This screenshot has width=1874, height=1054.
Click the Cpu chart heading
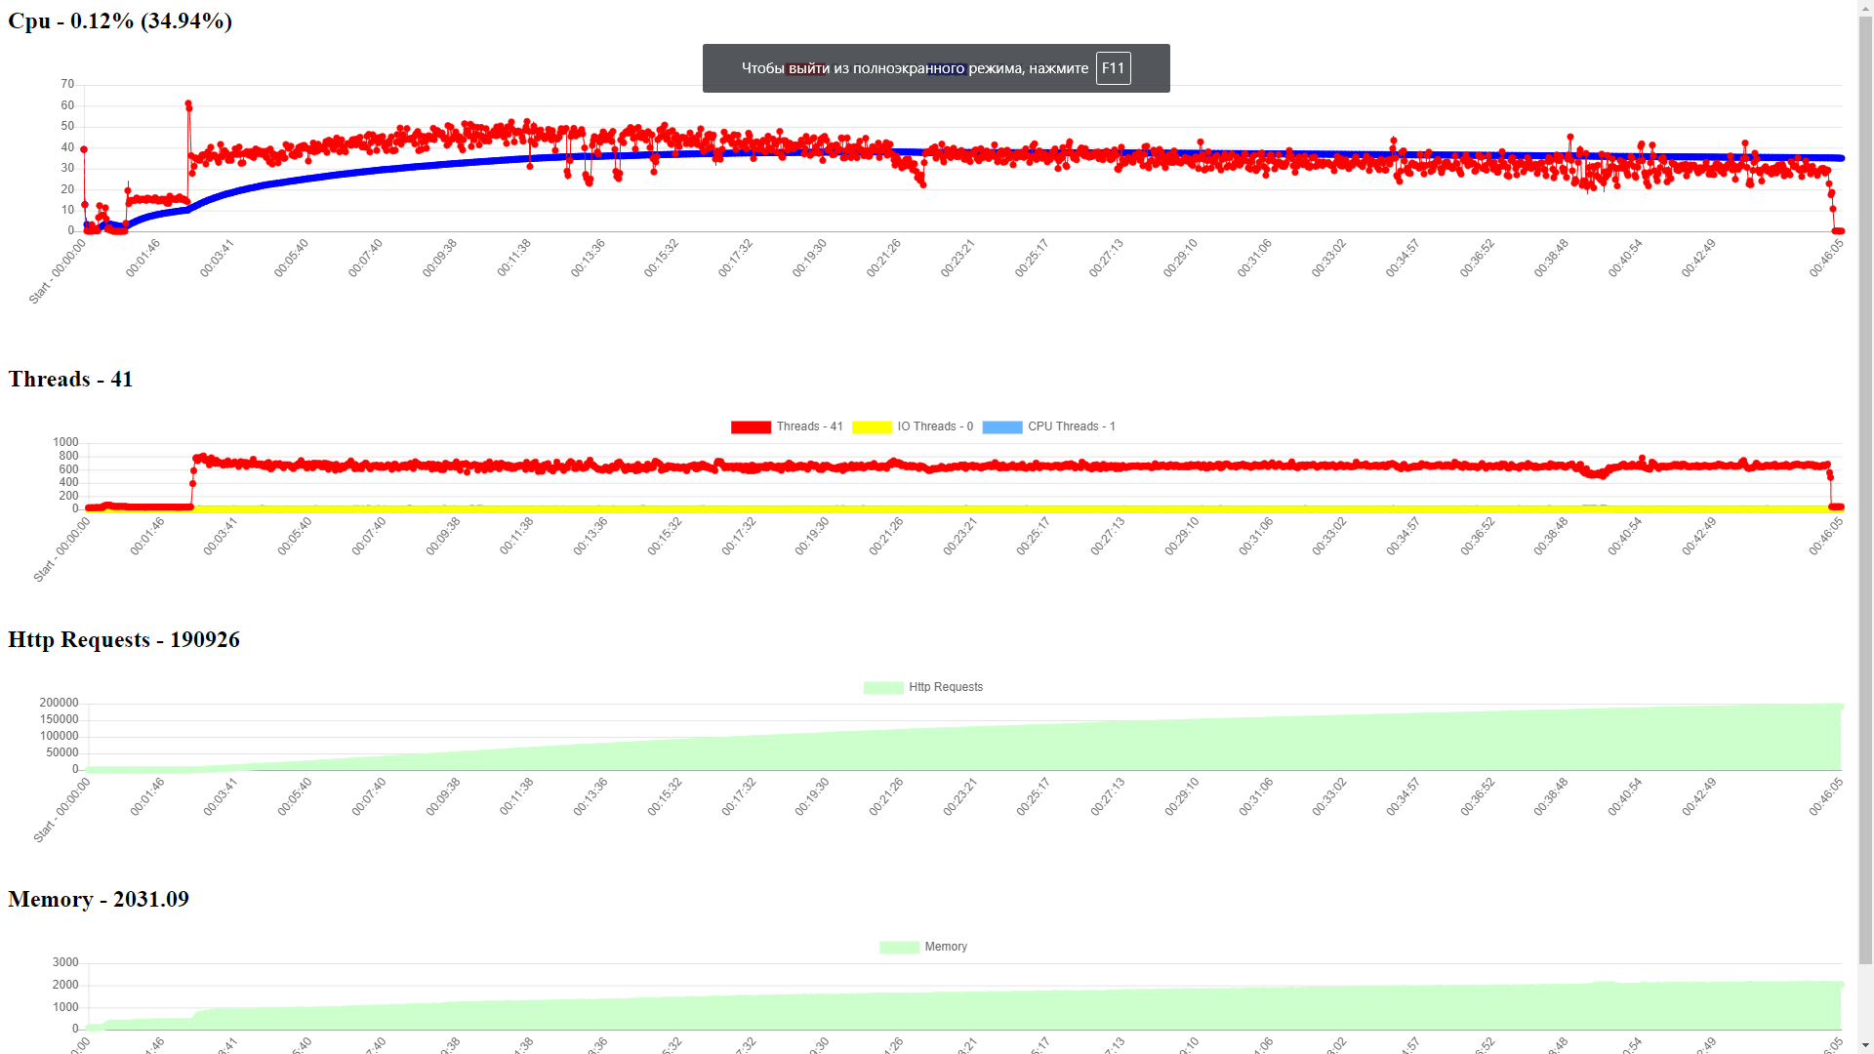pos(120,21)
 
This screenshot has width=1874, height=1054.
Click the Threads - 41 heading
pos(70,380)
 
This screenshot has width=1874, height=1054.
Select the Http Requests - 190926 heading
pos(124,640)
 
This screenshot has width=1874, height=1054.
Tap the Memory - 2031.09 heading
pos(99,900)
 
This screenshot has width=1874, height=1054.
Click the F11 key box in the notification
pos(1113,68)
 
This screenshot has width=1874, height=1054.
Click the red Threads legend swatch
pos(751,427)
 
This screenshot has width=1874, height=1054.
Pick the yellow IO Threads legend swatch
pos(872,427)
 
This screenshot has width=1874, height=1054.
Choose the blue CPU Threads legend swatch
pos(1001,427)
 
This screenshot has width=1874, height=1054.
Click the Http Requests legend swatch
pos(883,688)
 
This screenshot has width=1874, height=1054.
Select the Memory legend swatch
pos(899,948)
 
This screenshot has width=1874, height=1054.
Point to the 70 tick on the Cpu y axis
pos(67,85)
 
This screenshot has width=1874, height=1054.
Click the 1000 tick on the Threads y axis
pos(65,442)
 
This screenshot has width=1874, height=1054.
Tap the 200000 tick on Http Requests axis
pos(59,703)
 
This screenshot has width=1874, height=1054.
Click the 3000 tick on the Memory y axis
pos(65,962)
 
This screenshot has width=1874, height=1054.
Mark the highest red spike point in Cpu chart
pos(188,103)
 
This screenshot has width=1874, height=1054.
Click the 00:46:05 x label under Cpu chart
pos(1826,259)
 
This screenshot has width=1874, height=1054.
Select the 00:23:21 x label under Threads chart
pos(959,537)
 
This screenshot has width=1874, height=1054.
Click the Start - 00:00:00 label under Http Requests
pos(61,810)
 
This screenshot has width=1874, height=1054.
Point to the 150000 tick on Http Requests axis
pos(59,719)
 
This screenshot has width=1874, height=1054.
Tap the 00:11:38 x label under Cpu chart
pos(513,259)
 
